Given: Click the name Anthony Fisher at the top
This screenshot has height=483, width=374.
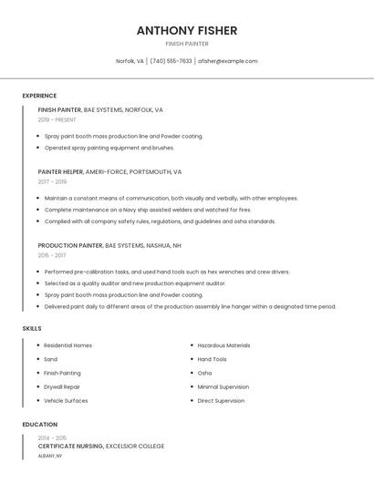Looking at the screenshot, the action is point(187,30).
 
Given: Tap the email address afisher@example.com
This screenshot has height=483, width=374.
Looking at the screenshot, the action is point(228,61).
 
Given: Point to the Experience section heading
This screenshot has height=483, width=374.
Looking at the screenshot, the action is point(39,96).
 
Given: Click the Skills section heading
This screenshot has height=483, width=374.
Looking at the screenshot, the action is point(32,328).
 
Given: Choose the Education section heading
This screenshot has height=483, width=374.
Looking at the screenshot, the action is point(40,425).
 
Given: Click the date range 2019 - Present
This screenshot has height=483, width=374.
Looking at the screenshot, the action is point(57,119).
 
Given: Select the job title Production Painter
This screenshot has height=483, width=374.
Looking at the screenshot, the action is point(70,245).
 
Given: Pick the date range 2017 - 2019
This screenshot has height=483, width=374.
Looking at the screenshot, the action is point(52,181).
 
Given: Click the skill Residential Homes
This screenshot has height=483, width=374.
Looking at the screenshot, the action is point(68,345).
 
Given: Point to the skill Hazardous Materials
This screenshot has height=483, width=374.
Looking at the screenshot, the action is point(223,345).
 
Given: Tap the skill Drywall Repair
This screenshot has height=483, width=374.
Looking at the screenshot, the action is point(62,386).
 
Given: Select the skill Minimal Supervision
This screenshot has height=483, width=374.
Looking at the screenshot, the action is point(223,386).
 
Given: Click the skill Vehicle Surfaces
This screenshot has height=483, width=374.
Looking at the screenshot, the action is point(67,400).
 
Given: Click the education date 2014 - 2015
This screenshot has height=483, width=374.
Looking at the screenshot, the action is point(52,437).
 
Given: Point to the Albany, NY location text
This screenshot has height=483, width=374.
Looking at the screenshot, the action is point(50,455).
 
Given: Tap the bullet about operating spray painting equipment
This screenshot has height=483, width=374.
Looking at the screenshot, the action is point(109,147).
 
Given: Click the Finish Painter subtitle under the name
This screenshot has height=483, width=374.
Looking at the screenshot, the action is point(187,44).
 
